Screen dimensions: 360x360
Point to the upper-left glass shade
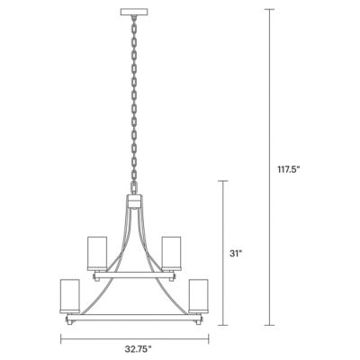pos(97,252)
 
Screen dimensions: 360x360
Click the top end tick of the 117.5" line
pos(268,9)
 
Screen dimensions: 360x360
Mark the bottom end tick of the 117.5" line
pos(268,324)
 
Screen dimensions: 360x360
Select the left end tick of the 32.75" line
pos(61,338)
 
